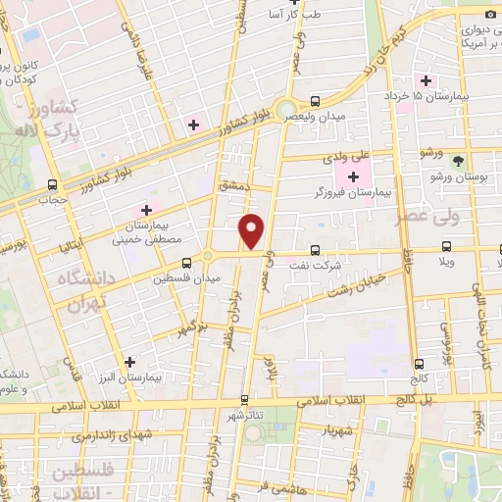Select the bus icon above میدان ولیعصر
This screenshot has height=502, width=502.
point(315,101)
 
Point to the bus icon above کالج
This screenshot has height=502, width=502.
point(419,361)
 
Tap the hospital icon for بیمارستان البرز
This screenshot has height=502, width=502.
point(129,361)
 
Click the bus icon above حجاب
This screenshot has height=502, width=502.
point(51,183)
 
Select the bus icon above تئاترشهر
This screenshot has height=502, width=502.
point(245,399)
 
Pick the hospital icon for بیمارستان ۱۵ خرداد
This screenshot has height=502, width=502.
point(427,80)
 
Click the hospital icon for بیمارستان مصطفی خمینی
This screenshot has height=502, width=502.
point(146,209)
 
